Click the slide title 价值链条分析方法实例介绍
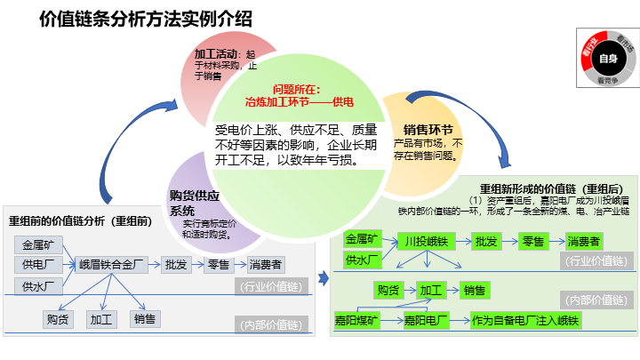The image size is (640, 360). click(x=146, y=19)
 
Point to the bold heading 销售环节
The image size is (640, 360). click(x=428, y=128)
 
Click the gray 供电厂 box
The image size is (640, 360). click(x=37, y=264)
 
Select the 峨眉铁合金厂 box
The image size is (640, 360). click(x=111, y=264)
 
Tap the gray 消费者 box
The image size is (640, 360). click(x=266, y=264)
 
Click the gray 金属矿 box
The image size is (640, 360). click(x=37, y=244)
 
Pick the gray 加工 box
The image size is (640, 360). click(x=100, y=318)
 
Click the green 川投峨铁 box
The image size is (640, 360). click(x=425, y=241)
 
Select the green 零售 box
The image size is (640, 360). click(x=532, y=241)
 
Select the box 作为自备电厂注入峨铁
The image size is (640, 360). click(x=524, y=320)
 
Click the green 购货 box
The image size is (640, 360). click(x=388, y=290)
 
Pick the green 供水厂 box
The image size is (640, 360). click(x=362, y=260)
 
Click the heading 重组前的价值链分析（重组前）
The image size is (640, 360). click(x=85, y=220)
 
